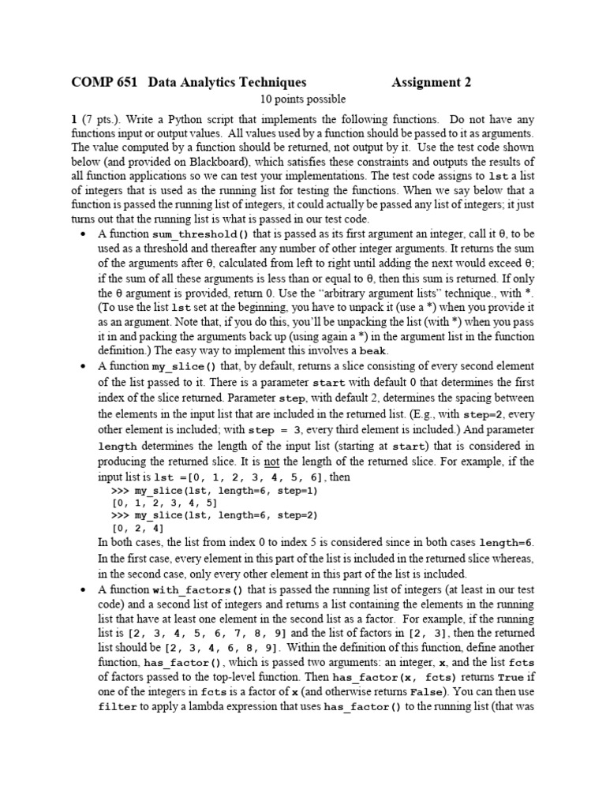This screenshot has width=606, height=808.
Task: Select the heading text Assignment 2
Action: pyautogui.click(x=432, y=82)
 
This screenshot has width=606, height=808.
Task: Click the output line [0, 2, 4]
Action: pyautogui.click(x=138, y=528)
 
